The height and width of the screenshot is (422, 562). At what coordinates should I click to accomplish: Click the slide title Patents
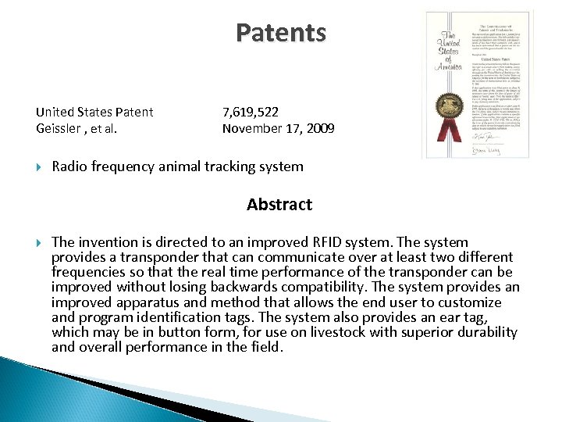(x=281, y=34)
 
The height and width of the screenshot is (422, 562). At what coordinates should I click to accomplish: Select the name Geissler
(x=61, y=127)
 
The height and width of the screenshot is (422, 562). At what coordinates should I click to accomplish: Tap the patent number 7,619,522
(x=250, y=112)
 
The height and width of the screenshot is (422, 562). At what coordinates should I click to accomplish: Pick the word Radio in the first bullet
(x=69, y=166)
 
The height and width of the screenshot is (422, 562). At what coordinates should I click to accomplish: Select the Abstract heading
(x=279, y=205)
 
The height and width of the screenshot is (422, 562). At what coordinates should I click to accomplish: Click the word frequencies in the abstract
(x=88, y=272)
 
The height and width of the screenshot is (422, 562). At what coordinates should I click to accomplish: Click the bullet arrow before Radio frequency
(x=39, y=166)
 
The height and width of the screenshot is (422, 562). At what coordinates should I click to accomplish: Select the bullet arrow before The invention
(x=39, y=243)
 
